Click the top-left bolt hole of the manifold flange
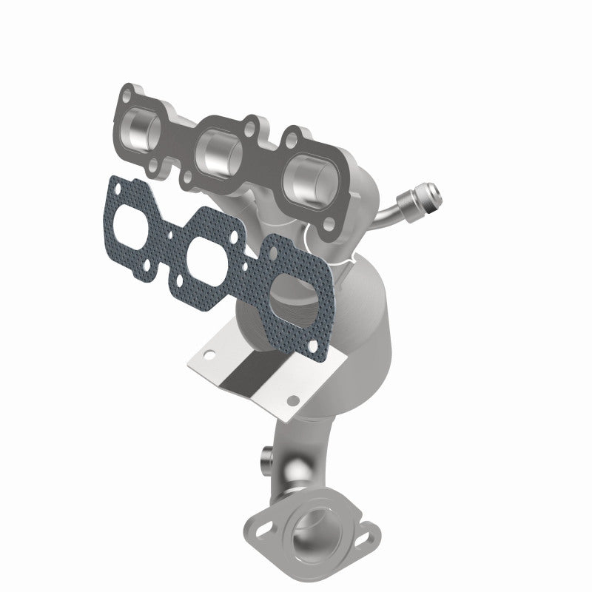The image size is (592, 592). tap(132, 95)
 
